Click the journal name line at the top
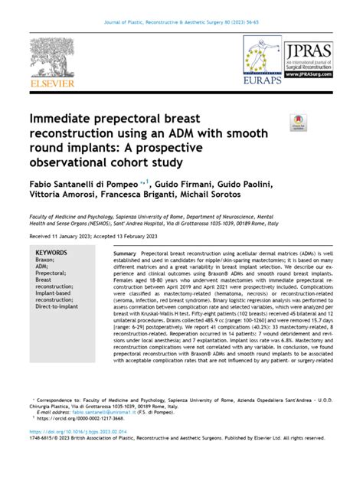click(x=181, y=11)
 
